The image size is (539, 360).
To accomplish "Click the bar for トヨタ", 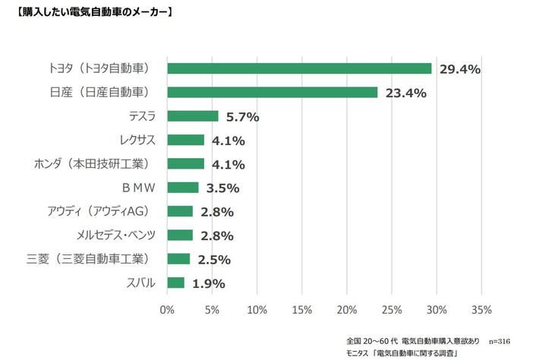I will (299, 68).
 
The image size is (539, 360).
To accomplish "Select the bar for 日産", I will (272, 93).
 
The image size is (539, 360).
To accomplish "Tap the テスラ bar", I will (192, 116).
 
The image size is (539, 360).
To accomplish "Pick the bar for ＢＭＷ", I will (182, 187).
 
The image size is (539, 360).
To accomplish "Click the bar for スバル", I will (175, 283).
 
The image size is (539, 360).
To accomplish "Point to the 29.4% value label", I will (460, 70).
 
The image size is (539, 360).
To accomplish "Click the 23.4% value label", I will (406, 93).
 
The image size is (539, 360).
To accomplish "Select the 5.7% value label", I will (243, 117).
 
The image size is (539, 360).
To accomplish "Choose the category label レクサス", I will (137, 140).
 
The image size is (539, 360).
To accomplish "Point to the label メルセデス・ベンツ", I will (116, 235).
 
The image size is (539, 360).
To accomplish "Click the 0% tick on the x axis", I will (167, 309).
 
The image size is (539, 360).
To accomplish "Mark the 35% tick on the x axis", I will (481, 309).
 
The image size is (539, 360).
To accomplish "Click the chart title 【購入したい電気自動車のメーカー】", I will (90, 13).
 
